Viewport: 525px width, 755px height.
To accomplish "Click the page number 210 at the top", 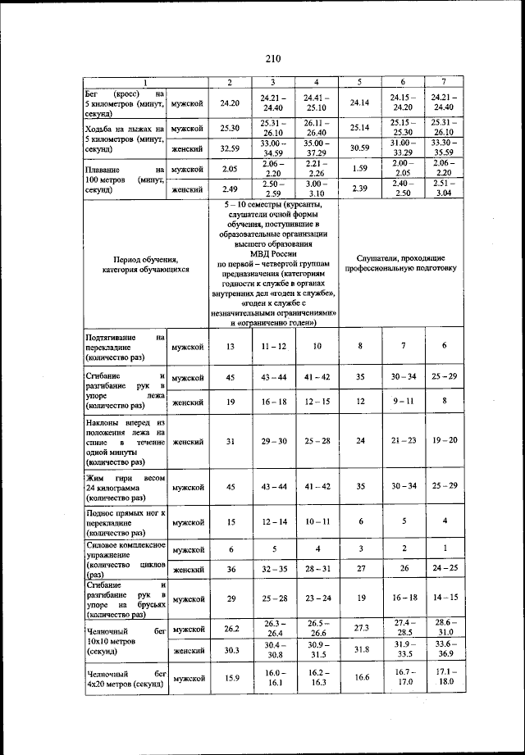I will (272, 57).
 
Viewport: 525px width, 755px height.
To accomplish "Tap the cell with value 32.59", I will (229, 148).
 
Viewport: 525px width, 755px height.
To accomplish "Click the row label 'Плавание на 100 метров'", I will (126, 179).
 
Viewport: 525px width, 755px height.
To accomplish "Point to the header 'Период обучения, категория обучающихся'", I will (145, 263).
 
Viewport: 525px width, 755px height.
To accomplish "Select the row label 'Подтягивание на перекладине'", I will (126, 347).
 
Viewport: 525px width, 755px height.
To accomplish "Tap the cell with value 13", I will (230, 347).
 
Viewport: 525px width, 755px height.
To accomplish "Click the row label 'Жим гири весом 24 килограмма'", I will (126, 486).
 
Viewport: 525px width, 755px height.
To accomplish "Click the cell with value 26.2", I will (230, 629).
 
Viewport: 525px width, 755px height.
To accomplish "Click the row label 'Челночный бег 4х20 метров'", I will (126, 679).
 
